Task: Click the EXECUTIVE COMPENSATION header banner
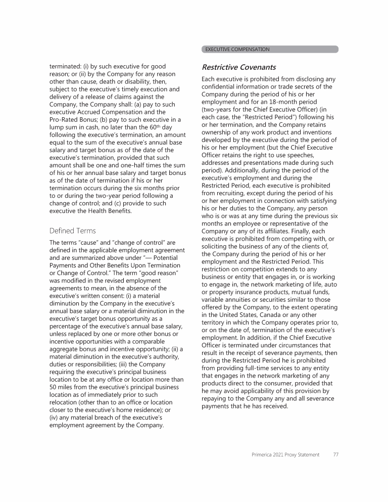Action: tap(270, 50)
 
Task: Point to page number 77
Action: tap(335, 454)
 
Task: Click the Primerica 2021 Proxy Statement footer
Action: tap(285, 454)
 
